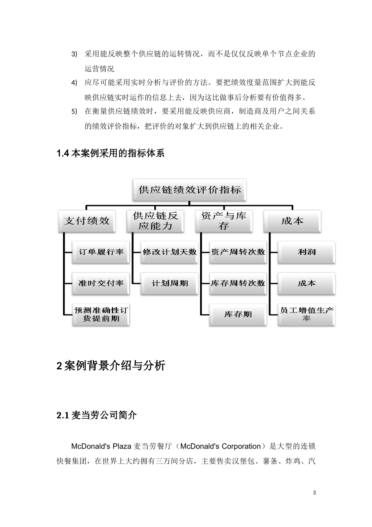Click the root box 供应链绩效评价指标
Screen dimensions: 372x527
(190, 190)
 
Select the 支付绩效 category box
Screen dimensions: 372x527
(87, 221)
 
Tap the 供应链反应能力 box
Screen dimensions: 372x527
(155, 221)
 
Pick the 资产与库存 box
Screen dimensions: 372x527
(224, 221)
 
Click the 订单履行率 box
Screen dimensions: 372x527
(101, 252)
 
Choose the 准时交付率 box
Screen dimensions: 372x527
(101, 283)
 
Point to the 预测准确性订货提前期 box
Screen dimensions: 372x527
(101, 314)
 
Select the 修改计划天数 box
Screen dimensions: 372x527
(170, 252)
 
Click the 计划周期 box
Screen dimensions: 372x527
(170, 283)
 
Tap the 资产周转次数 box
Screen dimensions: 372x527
(238, 252)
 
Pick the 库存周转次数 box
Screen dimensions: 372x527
(238, 283)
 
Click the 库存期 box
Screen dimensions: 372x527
(238, 314)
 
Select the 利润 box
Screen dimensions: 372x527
(307, 252)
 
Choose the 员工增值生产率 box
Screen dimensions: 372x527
(307, 314)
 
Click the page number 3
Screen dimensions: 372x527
(314, 492)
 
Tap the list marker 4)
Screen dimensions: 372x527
(74, 83)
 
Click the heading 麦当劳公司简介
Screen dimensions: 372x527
(104, 415)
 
